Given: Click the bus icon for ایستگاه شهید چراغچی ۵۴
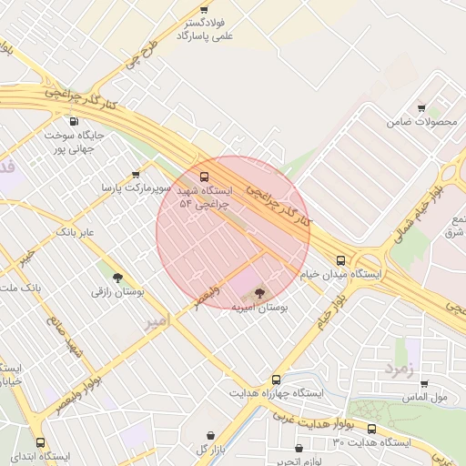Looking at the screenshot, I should pyautogui.click(x=203, y=176).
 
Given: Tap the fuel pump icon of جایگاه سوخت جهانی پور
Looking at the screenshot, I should pyautogui.click(x=74, y=121).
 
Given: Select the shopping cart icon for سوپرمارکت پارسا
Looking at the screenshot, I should pyautogui.click(x=136, y=174).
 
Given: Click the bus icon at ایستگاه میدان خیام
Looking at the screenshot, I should pyautogui.click(x=341, y=259).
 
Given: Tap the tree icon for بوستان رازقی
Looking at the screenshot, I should pyautogui.click(x=117, y=278).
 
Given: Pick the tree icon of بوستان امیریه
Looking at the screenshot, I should pyautogui.click(x=260, y=293).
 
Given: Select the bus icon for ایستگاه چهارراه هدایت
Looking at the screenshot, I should pyautogui.click(x=276, y=380).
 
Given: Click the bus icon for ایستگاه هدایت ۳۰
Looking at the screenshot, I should pyautogui.click(x=371, y=429).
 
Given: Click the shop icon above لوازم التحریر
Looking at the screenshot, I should pyautogui.click(x=299, y=448).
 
